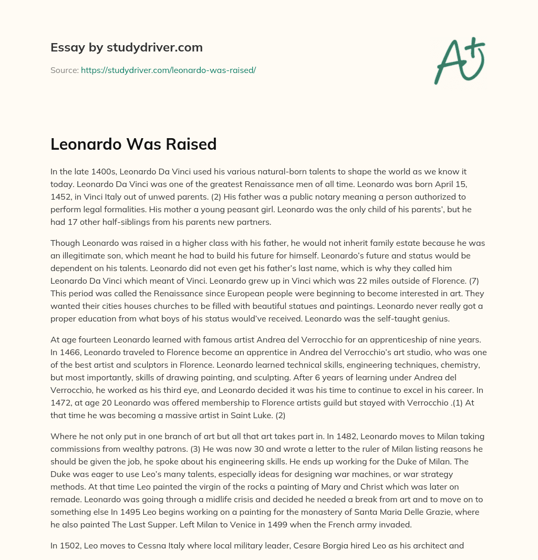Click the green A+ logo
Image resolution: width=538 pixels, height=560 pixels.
click(459, 60)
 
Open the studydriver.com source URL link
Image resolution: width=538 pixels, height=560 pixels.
click(168, 70)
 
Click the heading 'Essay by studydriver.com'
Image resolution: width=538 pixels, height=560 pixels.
click(127, 47)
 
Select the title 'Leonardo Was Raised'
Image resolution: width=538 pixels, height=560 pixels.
click(133, 144)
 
